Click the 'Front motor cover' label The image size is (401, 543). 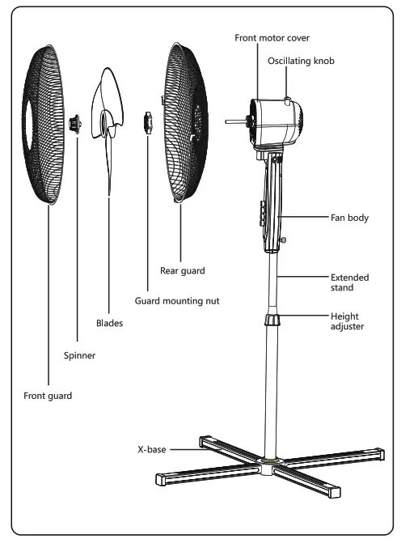tap(272, 38)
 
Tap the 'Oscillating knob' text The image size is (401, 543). tap(300, 61)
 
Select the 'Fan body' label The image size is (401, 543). tap(349, 218)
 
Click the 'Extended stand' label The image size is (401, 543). tap(349, 282)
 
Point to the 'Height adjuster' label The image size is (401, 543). tap(349, 322)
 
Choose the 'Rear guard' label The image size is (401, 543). tap(183, 270)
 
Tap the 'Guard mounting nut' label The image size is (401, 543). tap(176, 300)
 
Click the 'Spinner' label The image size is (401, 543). tap(78, 354)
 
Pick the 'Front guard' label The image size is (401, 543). tap(48, 396)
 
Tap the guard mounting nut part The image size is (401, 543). tap(146, 122)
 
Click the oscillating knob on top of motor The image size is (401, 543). tap(289, 100)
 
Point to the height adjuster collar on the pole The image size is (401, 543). tap(274, 320)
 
